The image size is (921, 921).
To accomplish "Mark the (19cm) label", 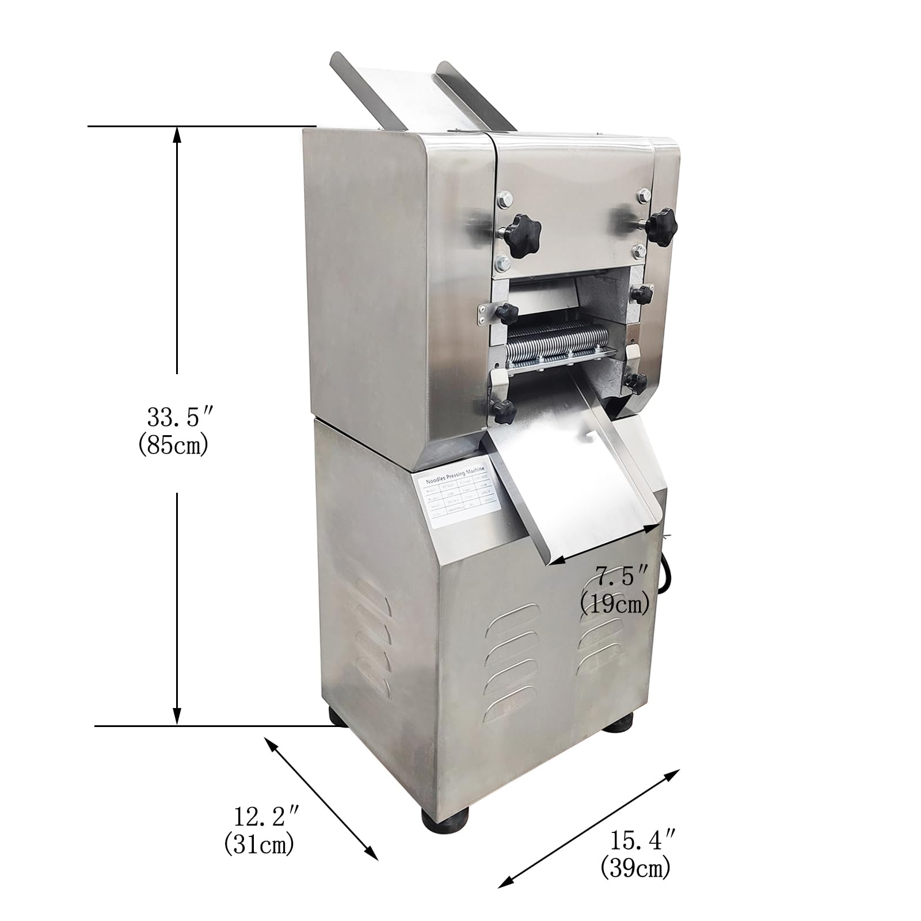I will point(615,603).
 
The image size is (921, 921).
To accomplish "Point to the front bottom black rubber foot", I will point(446,819).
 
